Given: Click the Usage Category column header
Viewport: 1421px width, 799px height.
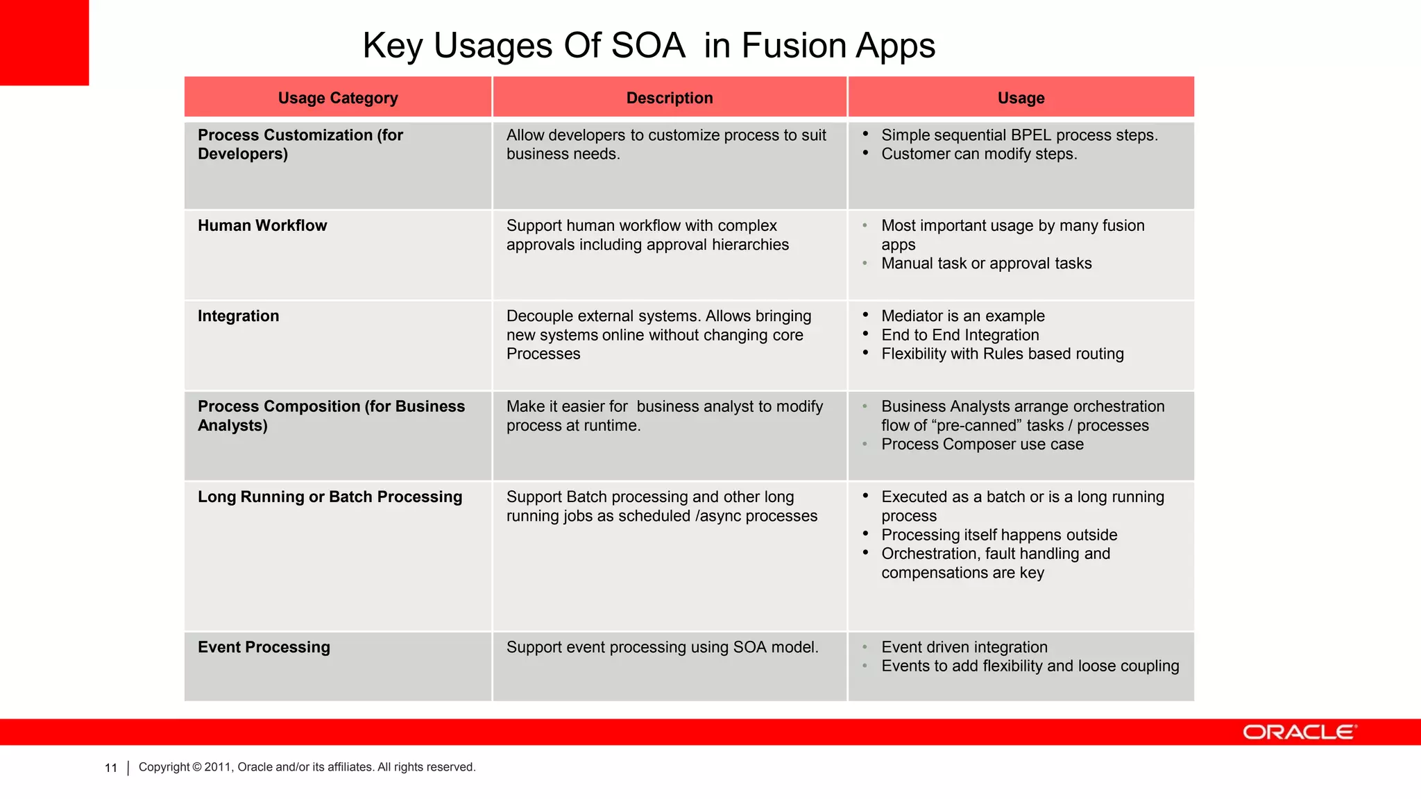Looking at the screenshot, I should (338, 98).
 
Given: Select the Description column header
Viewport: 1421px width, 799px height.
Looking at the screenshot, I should (670, 98).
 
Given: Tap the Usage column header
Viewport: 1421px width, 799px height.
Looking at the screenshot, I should (1021, 98).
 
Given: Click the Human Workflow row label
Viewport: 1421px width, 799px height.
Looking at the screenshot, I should (262, 225).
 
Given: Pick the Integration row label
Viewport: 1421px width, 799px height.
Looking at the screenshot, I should (238, 316).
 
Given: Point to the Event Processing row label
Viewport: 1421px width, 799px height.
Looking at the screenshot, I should (264, 647).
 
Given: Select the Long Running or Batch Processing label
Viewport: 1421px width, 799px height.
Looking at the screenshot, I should (330, 497).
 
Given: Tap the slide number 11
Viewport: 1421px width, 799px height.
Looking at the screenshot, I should (111, 768).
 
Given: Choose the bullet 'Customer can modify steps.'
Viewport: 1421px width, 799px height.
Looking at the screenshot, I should (979, 154).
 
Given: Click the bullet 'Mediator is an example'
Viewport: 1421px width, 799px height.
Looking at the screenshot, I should (962, 316).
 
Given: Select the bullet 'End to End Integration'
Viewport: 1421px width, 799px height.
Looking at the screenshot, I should (960, 335).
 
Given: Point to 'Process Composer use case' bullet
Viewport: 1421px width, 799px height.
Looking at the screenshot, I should (982, 445).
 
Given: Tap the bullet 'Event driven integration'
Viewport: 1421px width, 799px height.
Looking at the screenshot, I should (964, 647).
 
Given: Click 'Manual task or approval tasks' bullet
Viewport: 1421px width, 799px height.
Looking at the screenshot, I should (986, 264).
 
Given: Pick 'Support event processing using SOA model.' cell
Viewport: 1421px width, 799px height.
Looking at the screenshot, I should (662, 647).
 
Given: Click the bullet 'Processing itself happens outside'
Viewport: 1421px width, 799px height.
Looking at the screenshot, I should (999, 535).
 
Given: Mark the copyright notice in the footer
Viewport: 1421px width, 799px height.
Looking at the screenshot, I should (307, 767).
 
